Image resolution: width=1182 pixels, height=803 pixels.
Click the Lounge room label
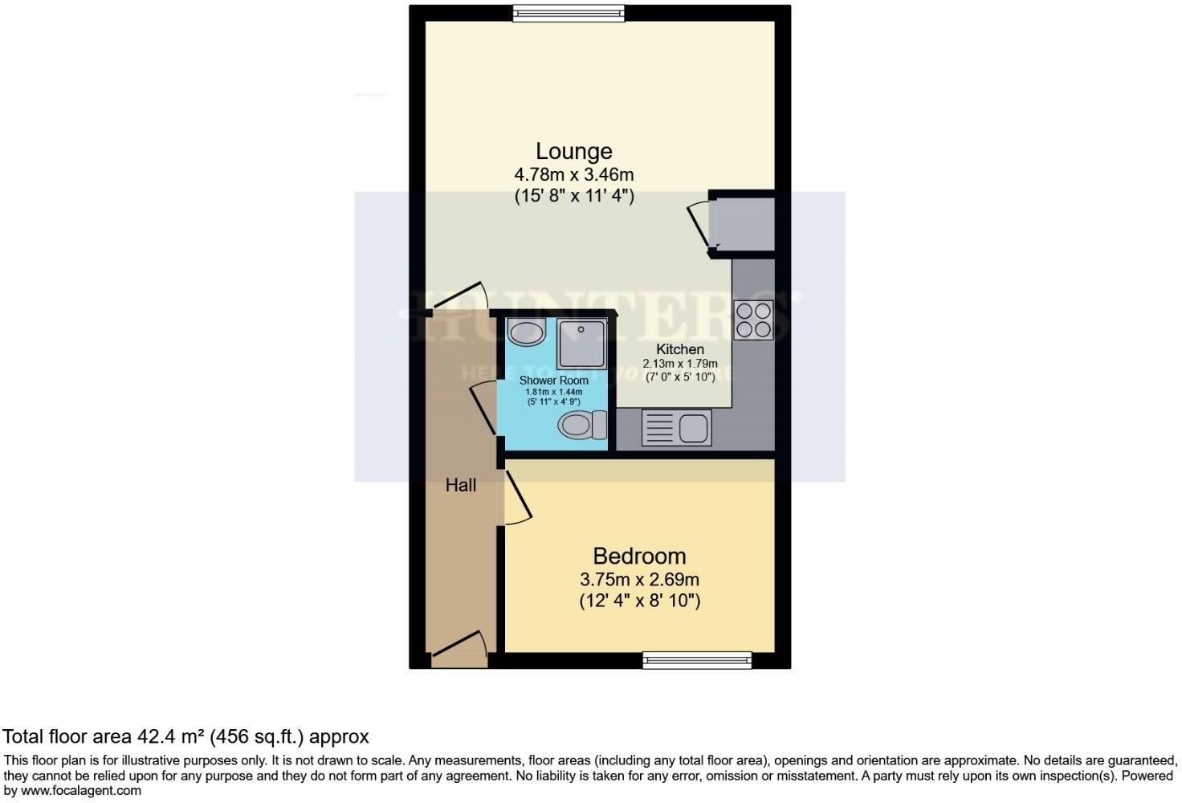click(x=573, y=151)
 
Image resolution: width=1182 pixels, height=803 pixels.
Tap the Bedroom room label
click(x=639, y=556)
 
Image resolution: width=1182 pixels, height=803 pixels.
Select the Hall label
click(x=461, y=485)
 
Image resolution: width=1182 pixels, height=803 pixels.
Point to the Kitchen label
click(x=679, y=349)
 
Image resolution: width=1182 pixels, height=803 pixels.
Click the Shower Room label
click(x=553, y=380)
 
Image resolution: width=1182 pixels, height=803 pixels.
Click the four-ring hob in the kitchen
click(x=752, y=320)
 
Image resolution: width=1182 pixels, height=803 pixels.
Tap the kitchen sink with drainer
click(x=676, y=427)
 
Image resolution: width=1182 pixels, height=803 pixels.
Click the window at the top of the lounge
click(x=569, y=11)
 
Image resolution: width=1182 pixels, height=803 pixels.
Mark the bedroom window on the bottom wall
click(x=697, y=660)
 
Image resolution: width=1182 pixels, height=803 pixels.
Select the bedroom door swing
click(x=516, y=498)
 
